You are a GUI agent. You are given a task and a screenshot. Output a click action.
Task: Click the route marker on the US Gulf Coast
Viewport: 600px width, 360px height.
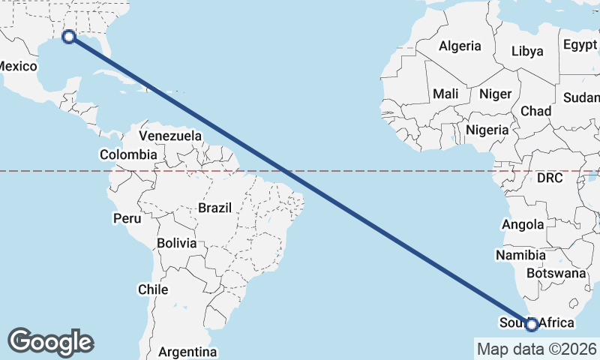pyautogui.click(x=69, y=36)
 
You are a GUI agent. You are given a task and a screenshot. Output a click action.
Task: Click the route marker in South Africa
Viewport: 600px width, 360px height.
pyautogui.click(x=532, y=324)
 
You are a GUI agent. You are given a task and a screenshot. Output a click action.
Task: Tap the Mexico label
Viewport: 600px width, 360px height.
pyautogui.click(x=16, y=66)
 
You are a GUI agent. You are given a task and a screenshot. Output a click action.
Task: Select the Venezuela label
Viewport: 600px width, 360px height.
pyautogui.click(x=171, y=136)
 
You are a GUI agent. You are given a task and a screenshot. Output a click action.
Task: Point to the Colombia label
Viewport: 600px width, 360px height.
pyautogui.click(x=128, y=154)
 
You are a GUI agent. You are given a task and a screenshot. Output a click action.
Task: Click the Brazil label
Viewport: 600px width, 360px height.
pyautogui.click(x=215, y=207)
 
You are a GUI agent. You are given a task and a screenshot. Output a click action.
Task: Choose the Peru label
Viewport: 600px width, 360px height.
pyautogui.click(x=127, y=219)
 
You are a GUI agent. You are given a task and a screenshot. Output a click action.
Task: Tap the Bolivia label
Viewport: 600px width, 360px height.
pyautogui.click(x=177, y=243)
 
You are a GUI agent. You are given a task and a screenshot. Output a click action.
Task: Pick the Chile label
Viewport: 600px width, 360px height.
pyautogui.click(x=152, y=289)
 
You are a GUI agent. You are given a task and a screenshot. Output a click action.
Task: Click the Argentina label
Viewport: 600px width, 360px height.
pyautogui.click(x=187, y=351)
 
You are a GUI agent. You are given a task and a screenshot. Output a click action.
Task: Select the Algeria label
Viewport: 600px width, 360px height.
pyautogui.click(x=460, y=46)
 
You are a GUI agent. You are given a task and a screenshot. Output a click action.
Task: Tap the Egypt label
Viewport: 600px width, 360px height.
pyautogui.click(x=580, y=43)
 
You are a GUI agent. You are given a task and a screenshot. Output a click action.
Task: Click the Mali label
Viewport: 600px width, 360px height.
pyautogui.click(x=445, y=94)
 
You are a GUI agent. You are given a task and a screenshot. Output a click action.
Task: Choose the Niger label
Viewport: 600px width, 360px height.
pyautogui.click(x=495, y=94)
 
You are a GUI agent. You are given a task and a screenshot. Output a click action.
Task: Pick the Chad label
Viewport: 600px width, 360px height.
pyautogui.click(x=535, y=111)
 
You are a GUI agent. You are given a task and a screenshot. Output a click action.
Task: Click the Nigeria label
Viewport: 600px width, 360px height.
pyautogui.click(x=487, y=129)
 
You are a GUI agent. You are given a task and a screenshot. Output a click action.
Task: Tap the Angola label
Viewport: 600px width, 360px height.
pyautogui.click(x=523, y=224)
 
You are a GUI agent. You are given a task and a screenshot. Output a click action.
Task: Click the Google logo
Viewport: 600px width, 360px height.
pyautogui.click(x=50, y=341)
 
